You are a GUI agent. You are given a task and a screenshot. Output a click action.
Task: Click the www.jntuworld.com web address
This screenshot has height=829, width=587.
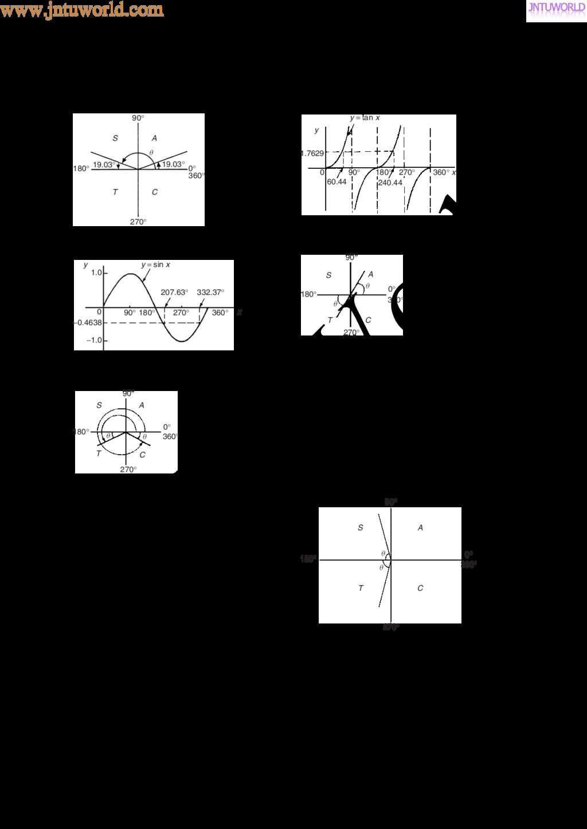[82, 10]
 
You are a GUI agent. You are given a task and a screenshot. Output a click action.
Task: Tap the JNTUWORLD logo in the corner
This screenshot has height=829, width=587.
[556, 9]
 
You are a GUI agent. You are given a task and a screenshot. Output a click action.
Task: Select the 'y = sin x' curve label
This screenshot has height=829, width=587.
[156, 265]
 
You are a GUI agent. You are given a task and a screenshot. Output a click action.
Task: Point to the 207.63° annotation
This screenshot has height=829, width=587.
[174, 292]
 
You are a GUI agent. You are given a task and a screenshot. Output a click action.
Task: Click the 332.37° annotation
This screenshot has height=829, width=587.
[210, 292]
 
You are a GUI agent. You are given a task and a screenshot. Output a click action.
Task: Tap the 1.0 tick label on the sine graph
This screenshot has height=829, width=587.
[96, 273]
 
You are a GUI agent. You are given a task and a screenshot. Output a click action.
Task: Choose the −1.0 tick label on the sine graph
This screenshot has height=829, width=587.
[94, 340]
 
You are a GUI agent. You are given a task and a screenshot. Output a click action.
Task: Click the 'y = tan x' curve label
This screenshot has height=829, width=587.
[365, 118]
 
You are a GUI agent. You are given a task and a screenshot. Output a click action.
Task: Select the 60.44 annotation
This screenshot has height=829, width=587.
[336, 182]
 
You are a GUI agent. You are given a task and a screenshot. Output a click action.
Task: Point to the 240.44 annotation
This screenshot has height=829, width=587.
[390, 183]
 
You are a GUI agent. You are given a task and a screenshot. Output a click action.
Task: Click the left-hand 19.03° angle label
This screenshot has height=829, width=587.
[104, 164]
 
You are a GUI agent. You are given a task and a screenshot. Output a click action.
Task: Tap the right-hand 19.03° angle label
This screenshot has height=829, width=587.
[173, 164]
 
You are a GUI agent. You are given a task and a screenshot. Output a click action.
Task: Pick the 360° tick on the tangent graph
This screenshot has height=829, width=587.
[441, 172]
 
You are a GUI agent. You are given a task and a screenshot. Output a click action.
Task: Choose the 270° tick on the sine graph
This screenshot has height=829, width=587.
[181, 313]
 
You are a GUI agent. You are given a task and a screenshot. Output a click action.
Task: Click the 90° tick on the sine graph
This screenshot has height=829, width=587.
[130, 313]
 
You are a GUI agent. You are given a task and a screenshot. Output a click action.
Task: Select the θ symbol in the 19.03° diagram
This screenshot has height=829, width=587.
[151, 152]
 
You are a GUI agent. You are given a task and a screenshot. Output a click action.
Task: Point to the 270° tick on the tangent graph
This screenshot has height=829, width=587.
[406, 172]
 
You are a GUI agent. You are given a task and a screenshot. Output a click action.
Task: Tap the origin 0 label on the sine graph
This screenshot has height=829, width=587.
[99, 313]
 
